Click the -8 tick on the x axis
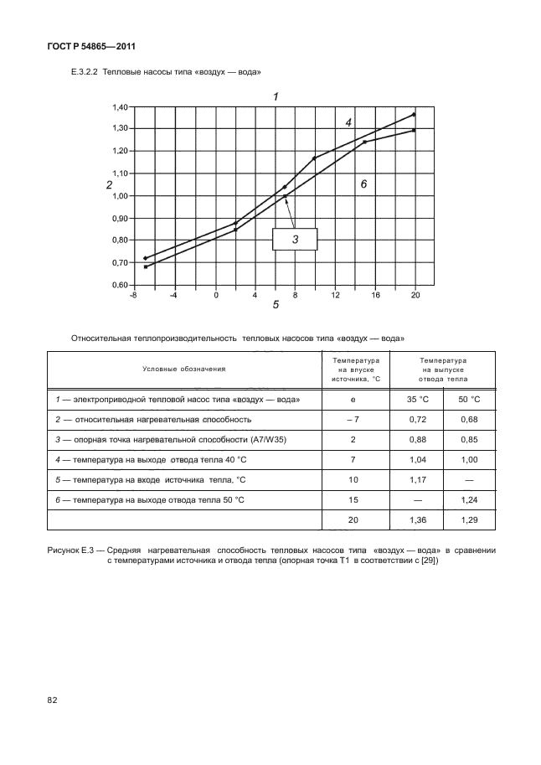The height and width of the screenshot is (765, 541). pyautogui.click(x=133, y=296)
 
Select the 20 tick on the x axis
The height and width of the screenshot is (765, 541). pyautogui.click(x=415, y=296)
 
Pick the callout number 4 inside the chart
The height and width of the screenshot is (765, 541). pyautogui.click(x=348, y=123)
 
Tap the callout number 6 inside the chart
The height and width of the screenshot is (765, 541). pyautogui.click(x=363, y=183)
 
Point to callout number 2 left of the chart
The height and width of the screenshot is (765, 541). pyautogui.click(x=109, y=184)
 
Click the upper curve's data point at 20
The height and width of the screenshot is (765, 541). pyautogui.click(x=415, y=115)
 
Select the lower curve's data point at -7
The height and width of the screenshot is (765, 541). pyautogui.click(x=146, y=266)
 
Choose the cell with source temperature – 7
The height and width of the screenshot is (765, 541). pyautogui.click(x=353, y=418)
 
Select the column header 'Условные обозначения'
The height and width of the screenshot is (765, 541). pyautogui.click(x=183, y=369)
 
